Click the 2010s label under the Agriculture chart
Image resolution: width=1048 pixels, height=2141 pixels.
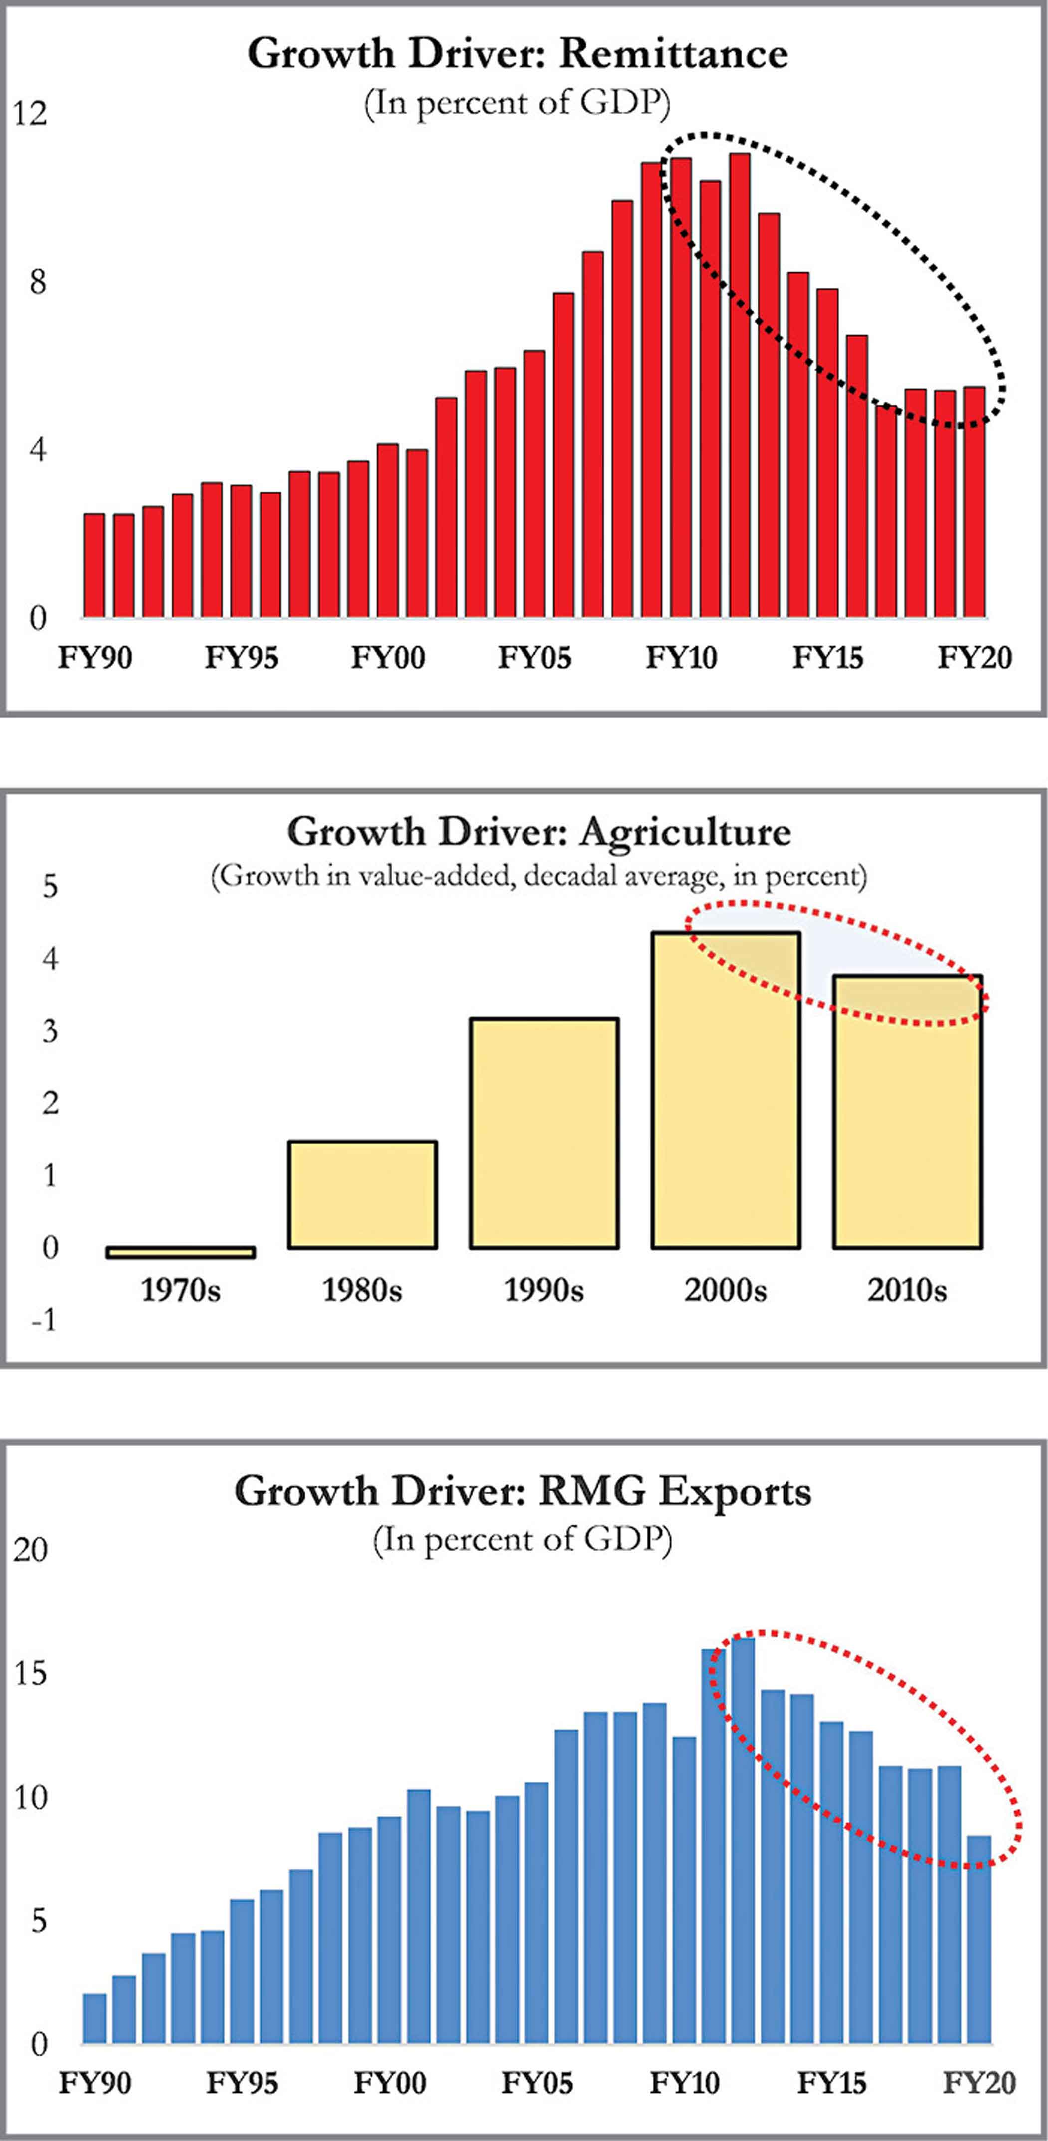907,1290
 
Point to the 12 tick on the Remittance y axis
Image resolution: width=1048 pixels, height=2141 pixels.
31,114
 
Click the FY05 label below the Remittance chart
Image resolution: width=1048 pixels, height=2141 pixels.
534,658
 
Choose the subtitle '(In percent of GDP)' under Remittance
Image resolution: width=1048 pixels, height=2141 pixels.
517,104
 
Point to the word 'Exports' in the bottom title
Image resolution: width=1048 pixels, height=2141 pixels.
734,1491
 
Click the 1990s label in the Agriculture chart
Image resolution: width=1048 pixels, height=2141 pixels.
543,1290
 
